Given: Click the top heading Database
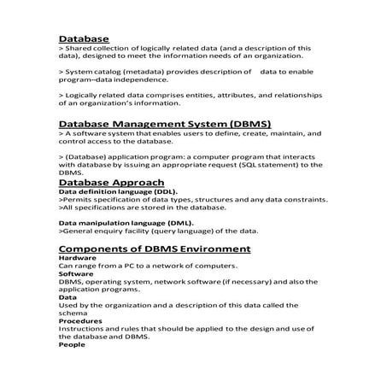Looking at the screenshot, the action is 84,39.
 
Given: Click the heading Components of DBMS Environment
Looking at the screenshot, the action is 154,249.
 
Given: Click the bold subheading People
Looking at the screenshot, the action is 72,345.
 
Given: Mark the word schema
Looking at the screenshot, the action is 73,314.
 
